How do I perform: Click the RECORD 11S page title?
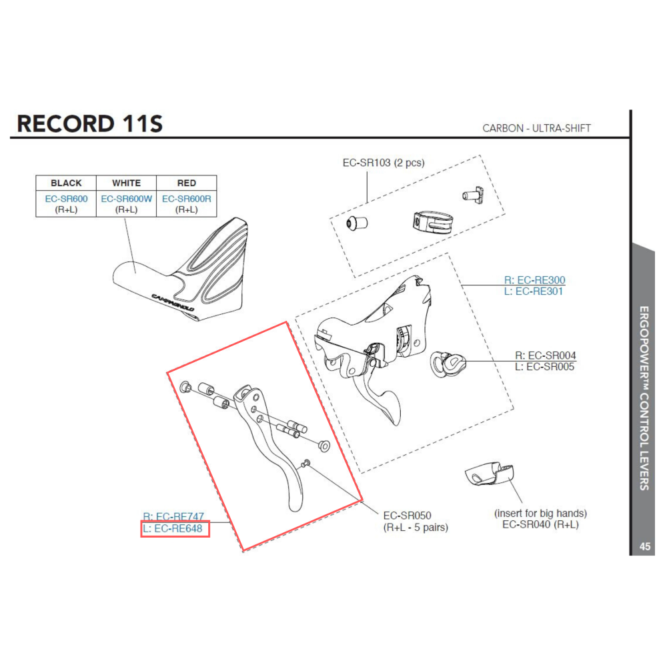pyautogui.click(x=89, y=123)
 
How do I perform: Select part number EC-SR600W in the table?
pyautogui.click(x=127, y=199)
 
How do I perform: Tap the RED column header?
pyautogui.click(x=187, y=183)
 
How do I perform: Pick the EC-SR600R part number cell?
pyautogui.click(x=187, y=199)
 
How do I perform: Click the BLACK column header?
pyautogui.click(x=66, y=183)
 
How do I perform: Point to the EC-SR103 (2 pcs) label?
pyautogui.click(x=384, y=163)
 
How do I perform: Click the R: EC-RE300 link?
pyautogui.click(x=534, y=281)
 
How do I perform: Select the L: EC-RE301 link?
pyautogui.click(x=534, y=291)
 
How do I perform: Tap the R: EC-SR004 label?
pyautogui.click(x=545, y=356)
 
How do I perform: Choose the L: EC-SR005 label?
pyautogui.click(x=545, y=367)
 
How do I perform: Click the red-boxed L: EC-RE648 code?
pyautogui.click(x=175, y=530)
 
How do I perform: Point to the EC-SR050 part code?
pyautogui.click(x=407, y=516)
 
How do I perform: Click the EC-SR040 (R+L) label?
pyautogui.click(x=540, y=525)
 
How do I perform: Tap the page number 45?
pyautogui.click(x=644, y=547)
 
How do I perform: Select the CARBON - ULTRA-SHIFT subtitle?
pyautogui.click(x=536, y=128)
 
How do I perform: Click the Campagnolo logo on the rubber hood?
pyautogui.click(x=172, y=303)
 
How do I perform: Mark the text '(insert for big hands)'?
pyautogui.click(x=540, y=514)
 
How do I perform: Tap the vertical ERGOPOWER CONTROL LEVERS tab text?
pyautogui.click(x=644, y=398)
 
